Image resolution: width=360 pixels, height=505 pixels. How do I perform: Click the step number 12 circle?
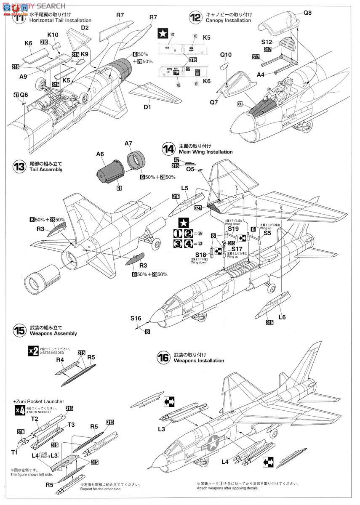click(196, 18)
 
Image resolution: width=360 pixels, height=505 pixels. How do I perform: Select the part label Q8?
click(307, 13)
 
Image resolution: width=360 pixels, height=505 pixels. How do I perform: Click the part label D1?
click(147, 107)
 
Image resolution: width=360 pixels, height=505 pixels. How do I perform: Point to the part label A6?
click(100, 154)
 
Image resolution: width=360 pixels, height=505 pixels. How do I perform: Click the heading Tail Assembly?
click(46, 169)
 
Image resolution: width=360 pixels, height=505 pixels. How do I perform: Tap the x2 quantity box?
click(33, 351)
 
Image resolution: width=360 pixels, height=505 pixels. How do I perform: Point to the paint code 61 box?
click(119, 188)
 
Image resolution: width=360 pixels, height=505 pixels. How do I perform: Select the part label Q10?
click(226, 55)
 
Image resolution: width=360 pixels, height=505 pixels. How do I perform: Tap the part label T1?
click(15, 452)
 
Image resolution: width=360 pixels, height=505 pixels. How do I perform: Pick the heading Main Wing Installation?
click(205, 151)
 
